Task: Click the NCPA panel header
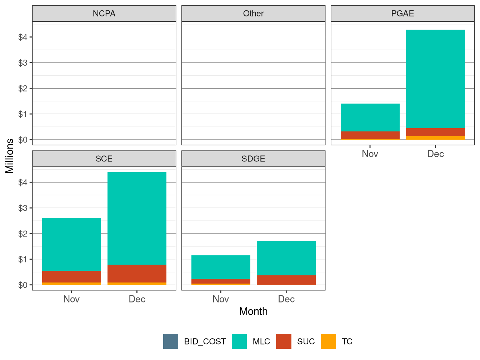click(x=104, y=14)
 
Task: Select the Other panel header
click(x=253, y=14)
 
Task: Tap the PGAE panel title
click(x=402, y=14)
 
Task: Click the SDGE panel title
click(x=253, y=159)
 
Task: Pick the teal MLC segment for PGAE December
click(x=435, y=79)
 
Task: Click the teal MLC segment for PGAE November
click(x=370, y=117)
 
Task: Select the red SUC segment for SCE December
click(x=137, y=274)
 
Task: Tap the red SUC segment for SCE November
click(x=71, y=276)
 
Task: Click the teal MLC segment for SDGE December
click(x=286, y=258)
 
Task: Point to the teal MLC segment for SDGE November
click(x=221, y=267)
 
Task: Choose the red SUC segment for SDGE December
click(x=286, y=280)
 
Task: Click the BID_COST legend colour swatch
click(x=171, y=341)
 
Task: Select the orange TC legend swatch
click(x=329, y=341)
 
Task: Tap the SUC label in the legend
click(x=306, y=342)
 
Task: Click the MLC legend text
click(x=261, y=342)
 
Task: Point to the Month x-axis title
click(x=253, y=311)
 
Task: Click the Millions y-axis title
click(x=10, y=156)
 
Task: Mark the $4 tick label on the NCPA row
click(x=23, y=37)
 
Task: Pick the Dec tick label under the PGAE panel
click(x=435, y=154)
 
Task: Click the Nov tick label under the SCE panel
click(x=71, y=299)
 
